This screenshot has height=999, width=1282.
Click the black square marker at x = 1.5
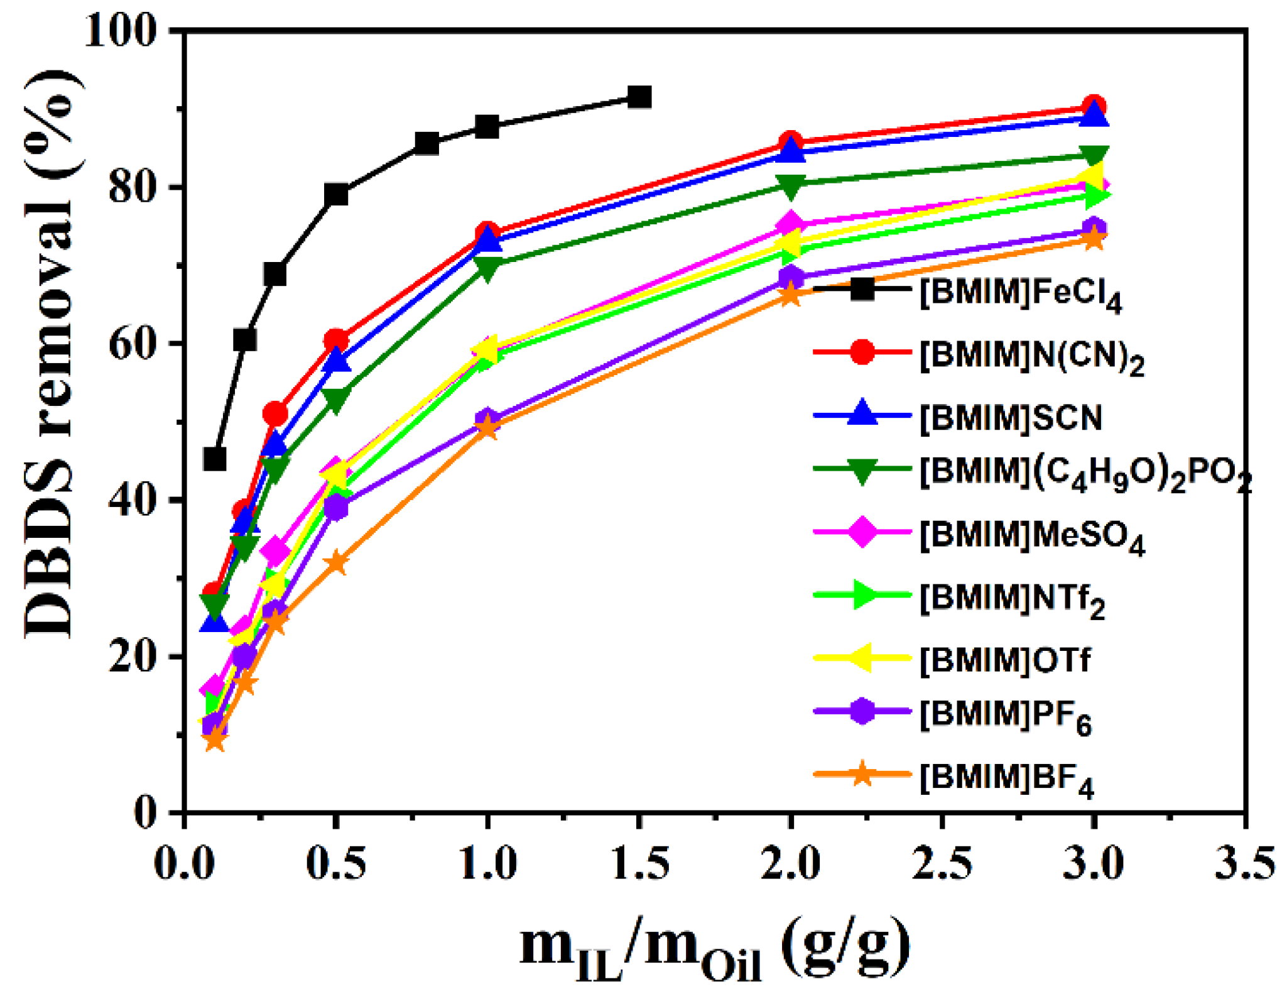(639, 97)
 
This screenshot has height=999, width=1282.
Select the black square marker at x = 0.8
(427, 144)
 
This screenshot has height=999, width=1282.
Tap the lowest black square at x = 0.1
(215, 459)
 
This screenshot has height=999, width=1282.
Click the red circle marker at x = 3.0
(1094, 107)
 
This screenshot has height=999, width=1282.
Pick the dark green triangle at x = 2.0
(791, 185)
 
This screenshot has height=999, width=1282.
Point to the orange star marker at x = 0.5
(337, 562)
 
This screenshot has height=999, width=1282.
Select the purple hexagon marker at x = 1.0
(487, 419)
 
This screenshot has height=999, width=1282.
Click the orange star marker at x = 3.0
(1094, 239)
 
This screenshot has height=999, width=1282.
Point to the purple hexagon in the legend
(862, 711)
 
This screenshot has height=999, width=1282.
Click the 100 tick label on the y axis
(120, 30)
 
